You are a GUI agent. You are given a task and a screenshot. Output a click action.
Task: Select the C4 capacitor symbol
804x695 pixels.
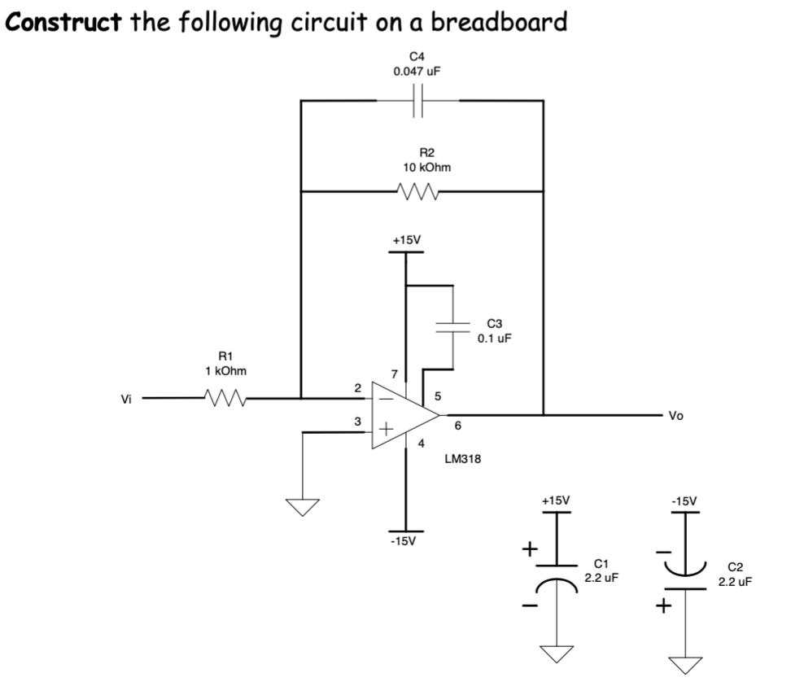[x=417, y=102]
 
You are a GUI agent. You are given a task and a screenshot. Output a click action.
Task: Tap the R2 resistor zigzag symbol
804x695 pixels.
[x=420, y=193]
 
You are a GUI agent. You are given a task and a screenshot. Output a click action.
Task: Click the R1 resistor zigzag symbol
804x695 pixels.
[x=225, y=399]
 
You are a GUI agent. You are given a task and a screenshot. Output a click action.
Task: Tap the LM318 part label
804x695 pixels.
[x=462, y=459]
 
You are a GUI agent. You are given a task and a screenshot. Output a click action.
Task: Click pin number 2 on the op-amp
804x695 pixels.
[x=356, y=388]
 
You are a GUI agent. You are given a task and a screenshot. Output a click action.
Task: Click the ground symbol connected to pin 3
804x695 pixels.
[x=303, y=506]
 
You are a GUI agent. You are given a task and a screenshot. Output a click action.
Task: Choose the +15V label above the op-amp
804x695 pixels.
[x=406, y=241]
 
